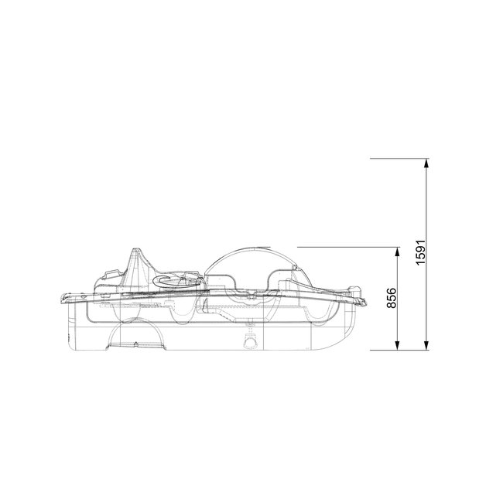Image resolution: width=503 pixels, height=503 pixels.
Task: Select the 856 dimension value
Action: [392, 298]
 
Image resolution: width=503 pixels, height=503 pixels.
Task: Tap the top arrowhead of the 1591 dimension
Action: [426, 163]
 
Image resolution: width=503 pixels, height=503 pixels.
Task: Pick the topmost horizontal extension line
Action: [399, 159]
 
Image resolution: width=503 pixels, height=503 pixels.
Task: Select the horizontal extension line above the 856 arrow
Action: [348, 246]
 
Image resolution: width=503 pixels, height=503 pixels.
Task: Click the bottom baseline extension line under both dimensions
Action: [399, 349]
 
